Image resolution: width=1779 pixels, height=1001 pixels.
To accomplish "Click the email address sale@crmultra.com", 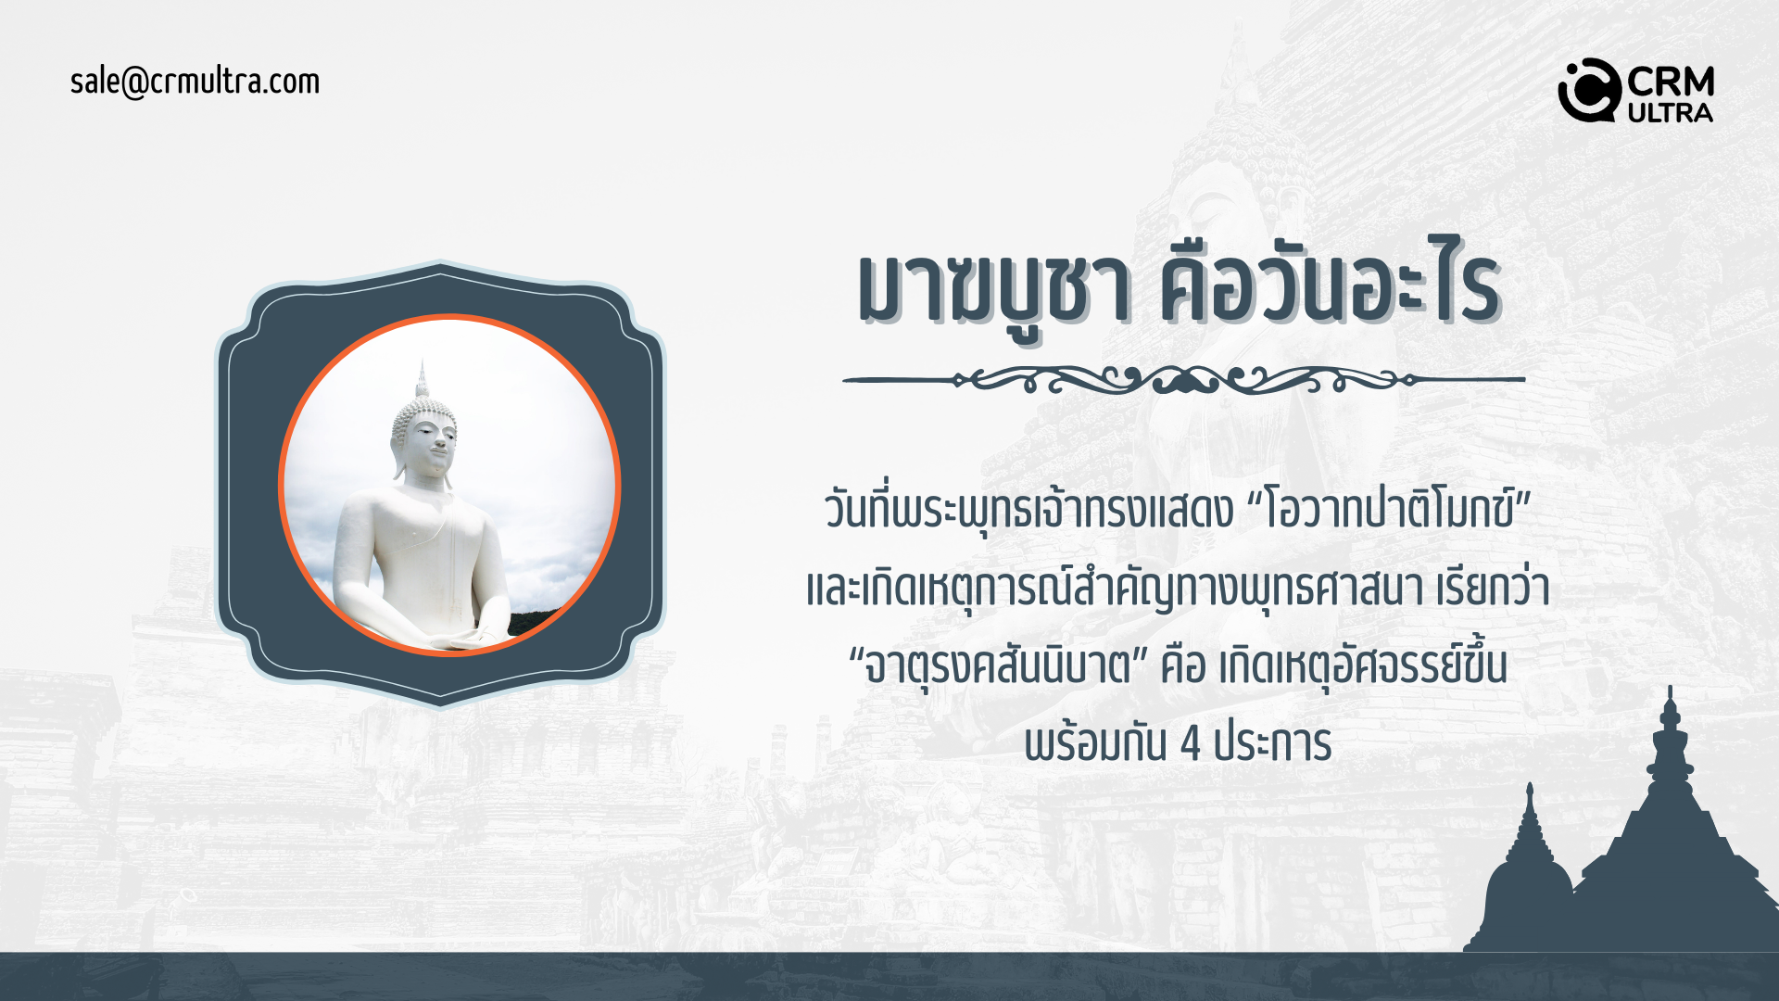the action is (x=195, y=82).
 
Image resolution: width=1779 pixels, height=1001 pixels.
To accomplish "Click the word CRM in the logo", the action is (x=1671, y=82).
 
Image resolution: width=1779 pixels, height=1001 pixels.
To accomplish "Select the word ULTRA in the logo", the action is (x=1671, y=113).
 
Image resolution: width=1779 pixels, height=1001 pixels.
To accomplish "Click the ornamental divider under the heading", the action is (x=1183, y=379).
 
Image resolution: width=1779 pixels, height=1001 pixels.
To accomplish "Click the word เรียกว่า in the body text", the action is (x=1494, y=588).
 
